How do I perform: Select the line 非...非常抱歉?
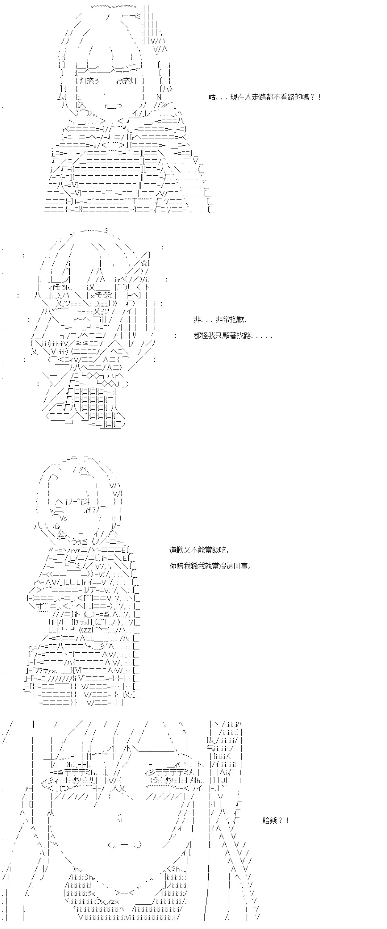point(220,319)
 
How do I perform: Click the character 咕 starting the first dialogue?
point(213,97)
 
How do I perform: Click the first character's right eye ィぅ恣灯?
point(126,81)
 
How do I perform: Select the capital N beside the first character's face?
point(159,97)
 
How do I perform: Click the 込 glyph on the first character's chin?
point(82,105)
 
